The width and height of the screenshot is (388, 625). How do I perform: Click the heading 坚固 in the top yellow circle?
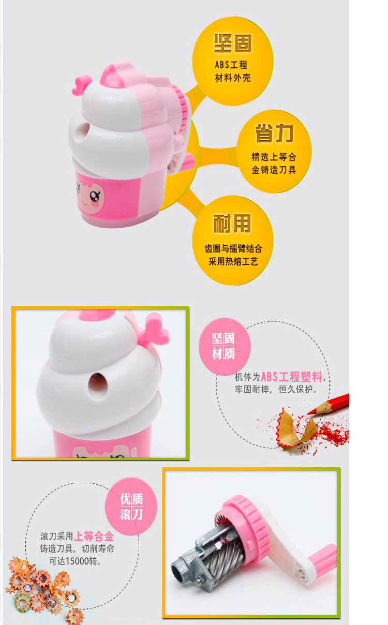233,43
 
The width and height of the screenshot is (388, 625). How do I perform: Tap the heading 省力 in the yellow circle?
274,133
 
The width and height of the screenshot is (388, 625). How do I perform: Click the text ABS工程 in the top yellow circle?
231,65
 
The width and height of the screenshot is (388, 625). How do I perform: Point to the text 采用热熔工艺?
233,261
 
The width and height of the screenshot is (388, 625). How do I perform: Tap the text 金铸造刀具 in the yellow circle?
274,170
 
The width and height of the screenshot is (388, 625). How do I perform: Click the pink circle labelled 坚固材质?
225,346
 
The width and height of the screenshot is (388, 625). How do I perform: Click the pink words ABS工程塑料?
291,377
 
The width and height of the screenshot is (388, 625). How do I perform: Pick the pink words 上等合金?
94,537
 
